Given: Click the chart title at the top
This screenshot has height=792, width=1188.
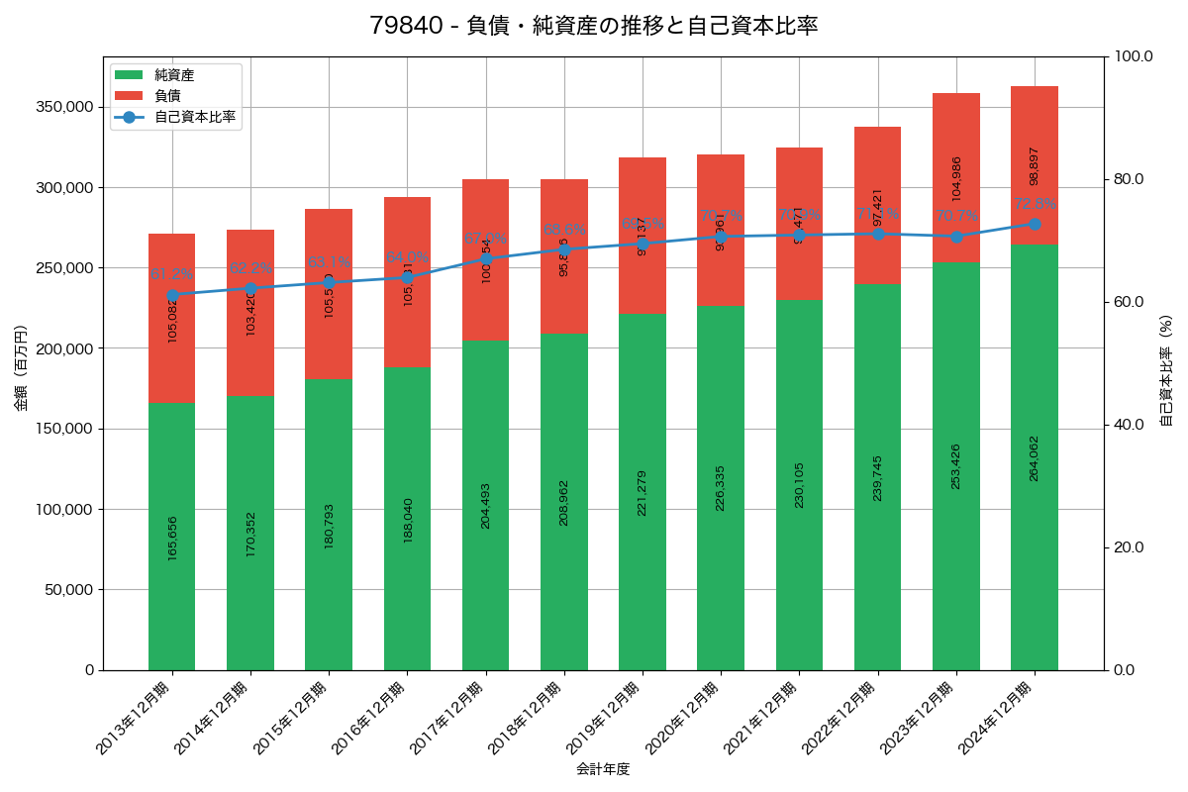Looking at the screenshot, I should [594, 26].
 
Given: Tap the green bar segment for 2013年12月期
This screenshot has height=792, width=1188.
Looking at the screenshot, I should [172, 536].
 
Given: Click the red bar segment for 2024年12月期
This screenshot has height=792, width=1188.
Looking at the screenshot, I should [1035, 165].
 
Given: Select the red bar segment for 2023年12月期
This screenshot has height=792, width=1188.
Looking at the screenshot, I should [956, 178].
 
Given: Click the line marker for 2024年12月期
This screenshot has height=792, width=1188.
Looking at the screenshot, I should [1035, 224].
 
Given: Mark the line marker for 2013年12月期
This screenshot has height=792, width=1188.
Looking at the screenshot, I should [172, 295].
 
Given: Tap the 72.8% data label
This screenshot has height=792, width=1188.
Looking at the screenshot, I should [1035, 205].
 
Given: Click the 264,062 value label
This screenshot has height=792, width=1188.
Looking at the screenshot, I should [1035, 457].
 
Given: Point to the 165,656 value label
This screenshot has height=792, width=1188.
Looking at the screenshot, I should [172, 539].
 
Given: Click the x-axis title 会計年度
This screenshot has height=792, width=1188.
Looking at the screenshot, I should [603, 768].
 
